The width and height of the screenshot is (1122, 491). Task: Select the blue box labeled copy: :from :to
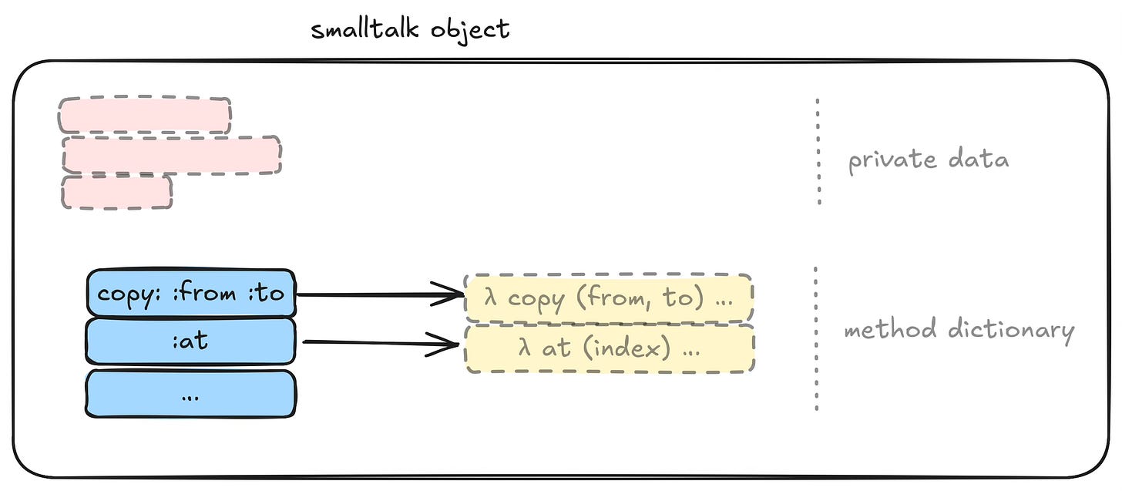tap(191, 293)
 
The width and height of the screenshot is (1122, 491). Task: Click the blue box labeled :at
tap(191, 341)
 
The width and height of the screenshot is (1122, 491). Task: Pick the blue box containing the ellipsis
tap(191, 394)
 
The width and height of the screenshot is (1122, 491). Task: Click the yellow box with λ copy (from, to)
tap(608, 298)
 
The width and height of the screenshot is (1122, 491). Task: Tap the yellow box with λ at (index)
tap(608, 348)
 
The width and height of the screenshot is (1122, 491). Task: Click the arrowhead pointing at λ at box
tap(448, 345)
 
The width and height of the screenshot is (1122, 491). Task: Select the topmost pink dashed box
tap(145, 115)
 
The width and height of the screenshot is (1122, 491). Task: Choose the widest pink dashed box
tap(172, 155)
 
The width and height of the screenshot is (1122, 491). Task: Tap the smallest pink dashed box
tap(117, 192)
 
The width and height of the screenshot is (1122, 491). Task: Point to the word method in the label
tap(885, 330)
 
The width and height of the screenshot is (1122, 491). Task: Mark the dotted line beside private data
tap(818, 151)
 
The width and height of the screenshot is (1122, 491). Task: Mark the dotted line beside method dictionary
tap(816, 339)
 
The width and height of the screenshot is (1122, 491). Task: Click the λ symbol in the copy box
tap(490, 298)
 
